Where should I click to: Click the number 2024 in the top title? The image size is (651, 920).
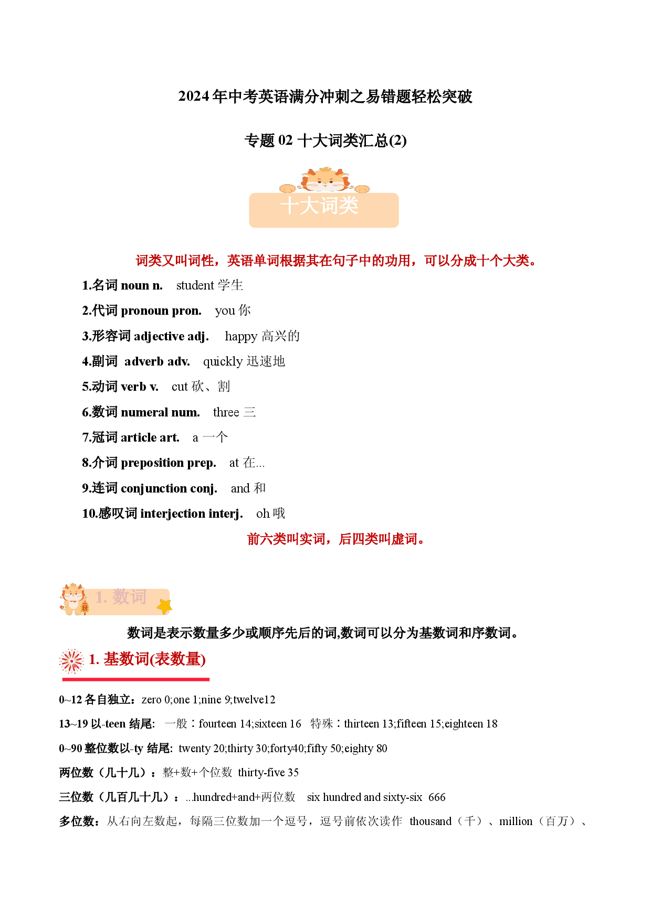pyautogui.click(x=194, y=97)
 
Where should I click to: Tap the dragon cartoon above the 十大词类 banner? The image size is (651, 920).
pyautogui.click(x=324, y=180)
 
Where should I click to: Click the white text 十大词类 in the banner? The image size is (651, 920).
pyautogui.click(x=320, y=206)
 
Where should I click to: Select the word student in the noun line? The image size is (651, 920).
pyautogui.click(x=195, y=285)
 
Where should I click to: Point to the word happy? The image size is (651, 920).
pyautogui.click(x=241, y=337)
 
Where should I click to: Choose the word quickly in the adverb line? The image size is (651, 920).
pyautogui.click(x=223, y=362)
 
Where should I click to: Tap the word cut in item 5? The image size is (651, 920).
pyautogui.click(x=180, y=387)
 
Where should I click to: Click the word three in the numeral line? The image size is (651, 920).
pyautogui.click(x=226, y=412)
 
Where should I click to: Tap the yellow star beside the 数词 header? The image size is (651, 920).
pyautogui.click(x=164, y=607)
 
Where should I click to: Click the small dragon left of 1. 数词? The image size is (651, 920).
pyautogui.click(x=74, y=599)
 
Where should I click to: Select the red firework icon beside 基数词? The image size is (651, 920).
pyautogui.click(x=71, y=661)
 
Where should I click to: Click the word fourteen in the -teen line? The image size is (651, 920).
pyautogui.click(x=217, y=724)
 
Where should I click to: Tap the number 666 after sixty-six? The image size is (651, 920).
pyautogui.click(x=437, y=797)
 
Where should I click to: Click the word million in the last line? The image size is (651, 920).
pyautogui.click(x=516, y=821)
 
